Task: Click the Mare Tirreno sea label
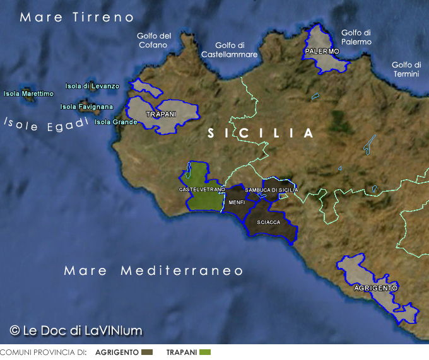77,17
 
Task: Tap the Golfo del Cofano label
153,40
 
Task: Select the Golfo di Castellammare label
230,50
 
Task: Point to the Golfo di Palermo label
356,37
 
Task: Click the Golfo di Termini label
406,69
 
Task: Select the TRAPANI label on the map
161,115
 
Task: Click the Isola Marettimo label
28,94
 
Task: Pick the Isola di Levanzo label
92,86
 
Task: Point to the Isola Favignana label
86,107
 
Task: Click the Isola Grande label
116,122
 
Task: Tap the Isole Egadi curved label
46,124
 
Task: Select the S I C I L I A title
261,134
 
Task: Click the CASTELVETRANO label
202,189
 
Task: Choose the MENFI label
237,202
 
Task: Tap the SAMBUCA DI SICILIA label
271,190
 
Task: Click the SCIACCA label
269,223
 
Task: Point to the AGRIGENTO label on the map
376,287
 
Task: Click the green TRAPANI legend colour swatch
204,352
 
